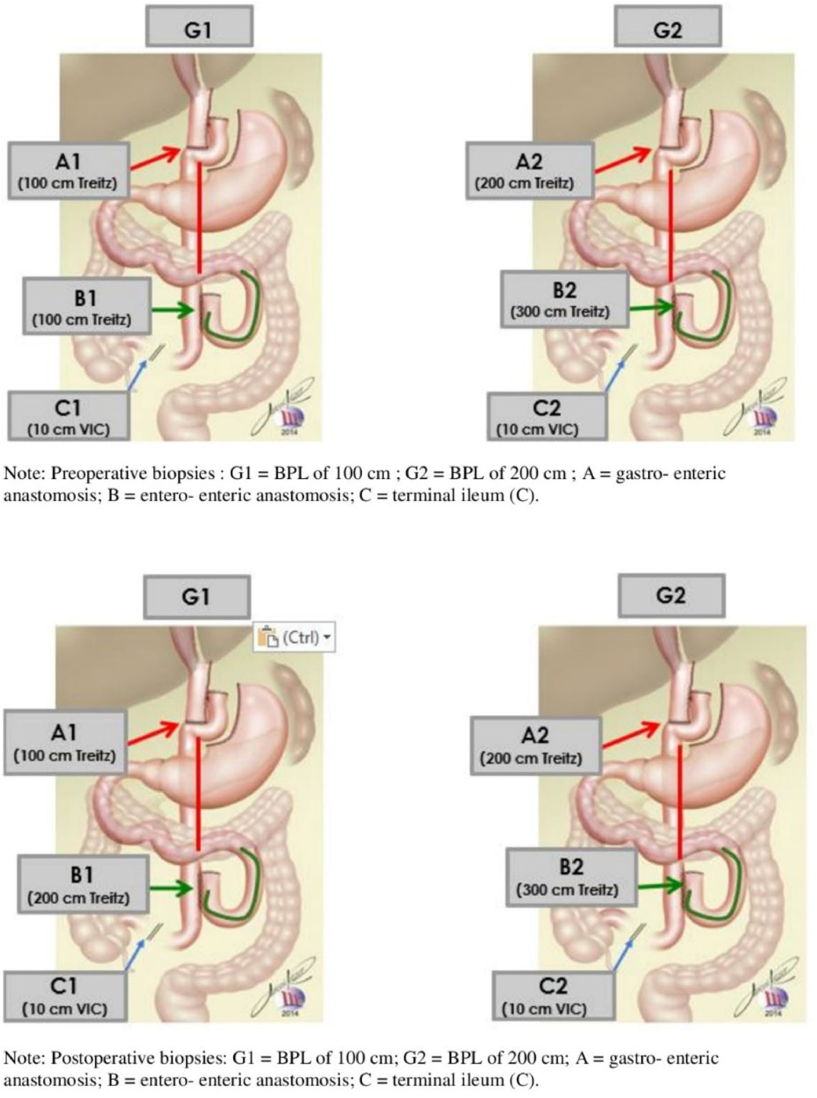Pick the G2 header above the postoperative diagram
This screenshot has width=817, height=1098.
[x=671, y=595]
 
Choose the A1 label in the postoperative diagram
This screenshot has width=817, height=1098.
[x=65, y=742]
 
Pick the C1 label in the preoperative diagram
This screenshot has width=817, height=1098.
[x=68, y=415]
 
